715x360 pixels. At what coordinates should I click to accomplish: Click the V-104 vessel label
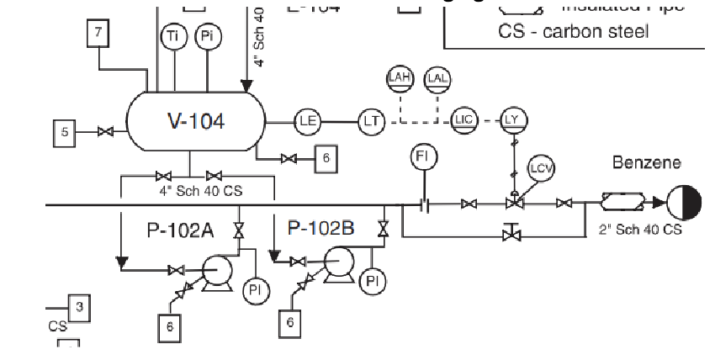pyautogui.click(x=196, y=120)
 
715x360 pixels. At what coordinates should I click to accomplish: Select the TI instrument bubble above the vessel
pyautogui.click(x=173, y=36)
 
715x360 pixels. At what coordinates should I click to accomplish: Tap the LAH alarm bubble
pyautogui.click(x=400, y=78)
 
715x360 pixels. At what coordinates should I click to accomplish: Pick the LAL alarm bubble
pyautogui.click(x=437, y=78)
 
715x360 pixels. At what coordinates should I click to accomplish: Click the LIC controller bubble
pyautogui.click(x=463, y=119)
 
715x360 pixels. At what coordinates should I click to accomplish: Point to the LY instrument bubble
pyautogui.click(x=512, y=119)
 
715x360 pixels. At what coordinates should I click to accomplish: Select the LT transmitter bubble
pyautogui.click(x=371, y=121)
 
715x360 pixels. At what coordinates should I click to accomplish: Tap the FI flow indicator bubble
pyautogui.click(x=424, y=156)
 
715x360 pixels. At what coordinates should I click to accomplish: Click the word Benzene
pyautogui.click(x=646, y=162)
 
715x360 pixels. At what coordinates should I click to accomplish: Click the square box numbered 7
pyautogui.click(x=99, y=34)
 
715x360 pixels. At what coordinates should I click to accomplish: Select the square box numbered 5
pyautogui.click(x=65, y=131)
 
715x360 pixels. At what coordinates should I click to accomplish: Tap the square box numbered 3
pyautogui.click(x=79, y=307)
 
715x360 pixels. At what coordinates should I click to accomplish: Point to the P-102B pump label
pyautogui.click(x=321, y=227)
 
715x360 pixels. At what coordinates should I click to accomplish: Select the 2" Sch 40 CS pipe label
pyautogui.click(x=639, y=229)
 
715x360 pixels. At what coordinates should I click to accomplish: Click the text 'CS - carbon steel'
pyautogui.click(x=574, y=32)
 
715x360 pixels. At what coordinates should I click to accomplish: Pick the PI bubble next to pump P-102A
pyautogui.click(x=256, y=290)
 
